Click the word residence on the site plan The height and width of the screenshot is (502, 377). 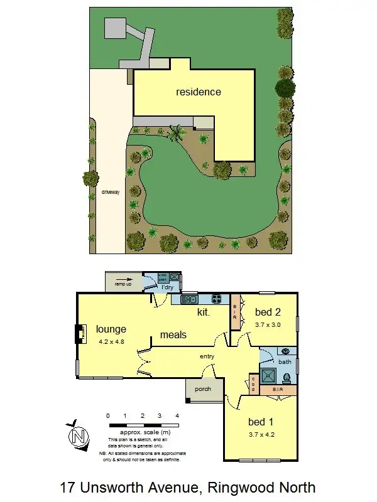click(x=198, y=92)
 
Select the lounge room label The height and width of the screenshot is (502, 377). click(x=111, y=329)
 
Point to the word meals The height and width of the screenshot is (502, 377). click(x=173, y=334)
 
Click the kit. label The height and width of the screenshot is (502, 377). click(x=204, y=311)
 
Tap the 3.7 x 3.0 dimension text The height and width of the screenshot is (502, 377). click(x=268, y=324)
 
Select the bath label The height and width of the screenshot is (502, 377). click(x=285, y=362)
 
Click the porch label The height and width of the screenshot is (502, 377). click(x=202, y=389)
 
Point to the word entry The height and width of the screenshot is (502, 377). click(x=207, y=356)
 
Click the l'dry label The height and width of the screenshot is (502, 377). click(x=168, y=287)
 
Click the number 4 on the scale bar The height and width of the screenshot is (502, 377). click(x=177, y=415)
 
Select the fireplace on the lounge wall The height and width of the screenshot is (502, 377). click(x=81, y=334)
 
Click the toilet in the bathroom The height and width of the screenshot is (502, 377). click(x=287, y=378)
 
